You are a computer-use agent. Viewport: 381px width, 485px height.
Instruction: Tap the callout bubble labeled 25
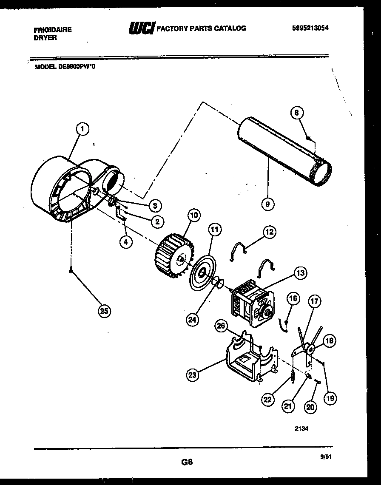[x=104, y=311]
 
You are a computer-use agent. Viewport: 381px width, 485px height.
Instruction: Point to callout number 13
[x=300, y=273]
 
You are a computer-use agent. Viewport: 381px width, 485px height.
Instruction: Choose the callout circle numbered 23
[x=193, y=374]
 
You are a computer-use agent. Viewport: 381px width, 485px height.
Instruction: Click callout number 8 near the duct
[x=297, y=112]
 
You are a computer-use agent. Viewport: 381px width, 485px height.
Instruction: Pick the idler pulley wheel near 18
[x=311, y=350]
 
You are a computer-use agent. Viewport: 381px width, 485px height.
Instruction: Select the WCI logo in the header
[x=142, y=28]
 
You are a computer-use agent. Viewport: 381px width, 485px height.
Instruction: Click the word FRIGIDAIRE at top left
[x=52, y=30]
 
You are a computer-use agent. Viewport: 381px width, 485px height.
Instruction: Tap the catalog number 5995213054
[x=310, y=28]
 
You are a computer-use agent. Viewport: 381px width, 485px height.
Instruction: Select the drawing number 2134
[x=301, y=429]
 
